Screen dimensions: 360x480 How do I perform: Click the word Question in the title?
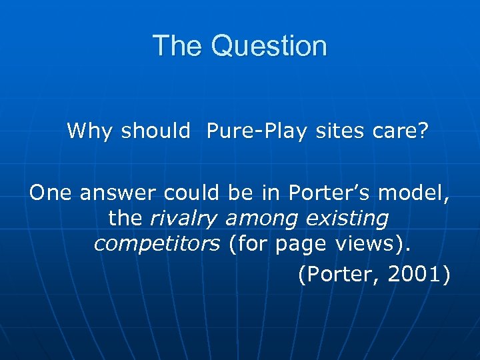tap(270, 46)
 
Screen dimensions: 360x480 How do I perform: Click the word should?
tap(155, 131)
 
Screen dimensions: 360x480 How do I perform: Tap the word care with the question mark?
tap(399, 131)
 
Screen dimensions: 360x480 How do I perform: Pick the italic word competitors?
tap(157, 244)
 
